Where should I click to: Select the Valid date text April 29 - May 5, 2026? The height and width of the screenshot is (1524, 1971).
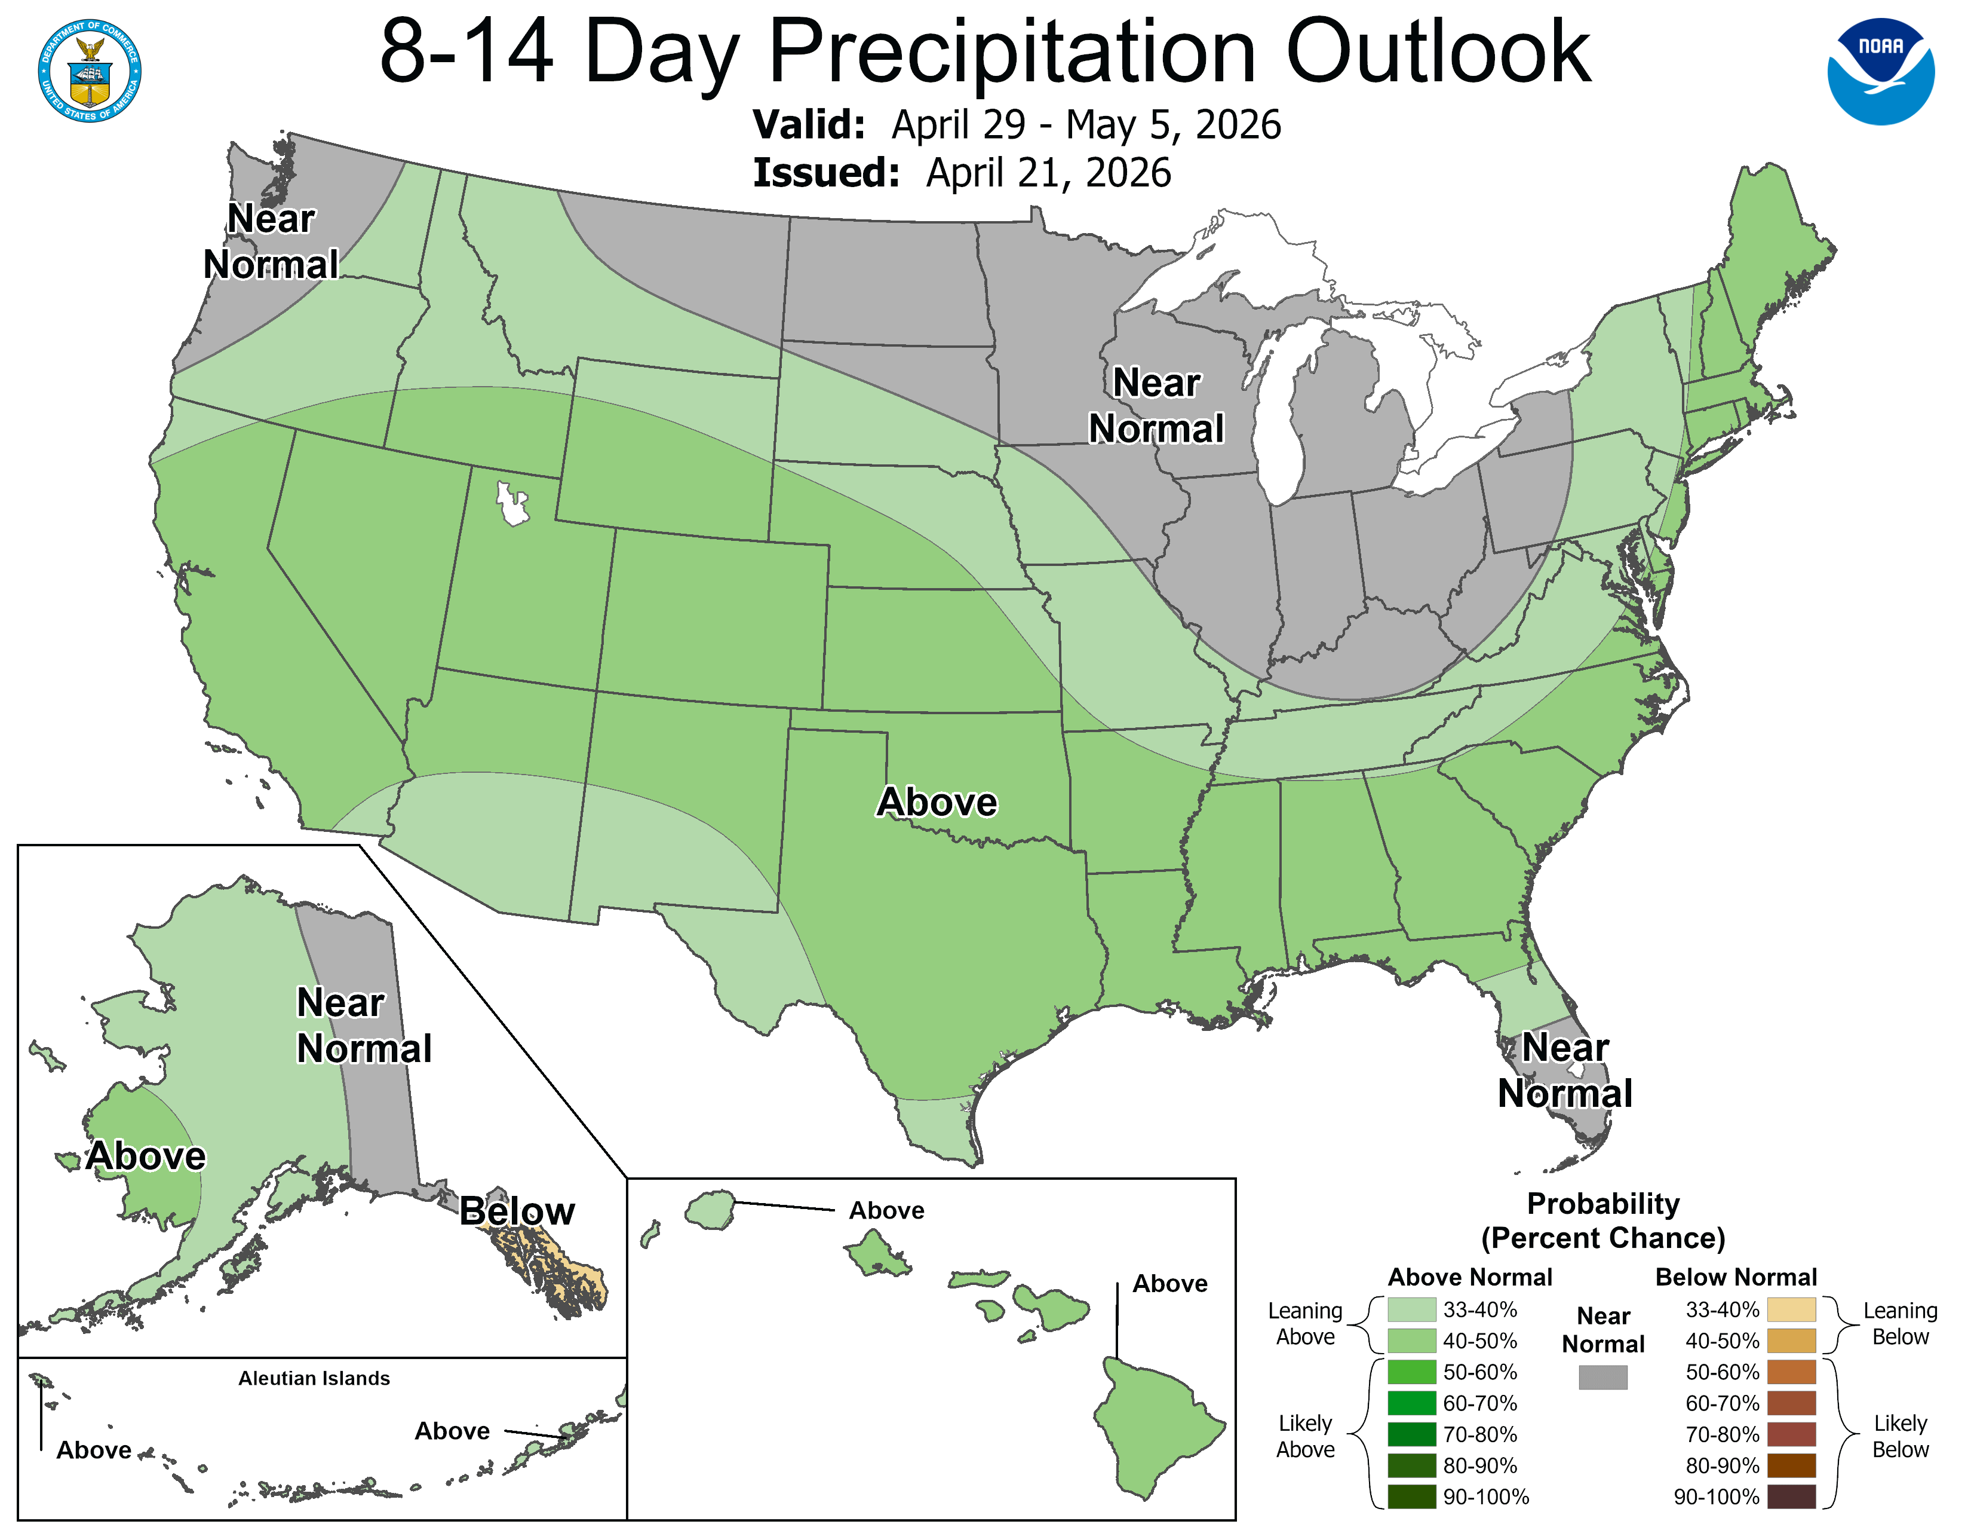tap(1086, 124)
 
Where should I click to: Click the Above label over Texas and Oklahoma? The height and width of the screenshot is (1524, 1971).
tap(937, 801)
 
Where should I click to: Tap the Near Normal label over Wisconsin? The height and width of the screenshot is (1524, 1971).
tap(1156, 405)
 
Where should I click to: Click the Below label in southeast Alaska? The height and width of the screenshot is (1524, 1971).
tap(516, 1211)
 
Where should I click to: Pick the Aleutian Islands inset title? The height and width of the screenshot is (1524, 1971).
tap(314, 1378)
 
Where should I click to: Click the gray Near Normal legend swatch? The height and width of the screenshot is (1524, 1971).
tap(1603, 1377)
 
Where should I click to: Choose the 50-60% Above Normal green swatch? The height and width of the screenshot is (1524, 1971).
tap(1411, 1372)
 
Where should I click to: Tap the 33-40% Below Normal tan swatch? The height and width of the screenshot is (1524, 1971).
tap(1791, 1309)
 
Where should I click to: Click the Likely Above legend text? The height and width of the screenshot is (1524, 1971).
tap(1305, 1436)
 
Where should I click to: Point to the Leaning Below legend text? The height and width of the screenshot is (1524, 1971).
tap(1900, 1323)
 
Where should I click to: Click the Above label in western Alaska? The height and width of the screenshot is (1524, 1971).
tap(146, 1156)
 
